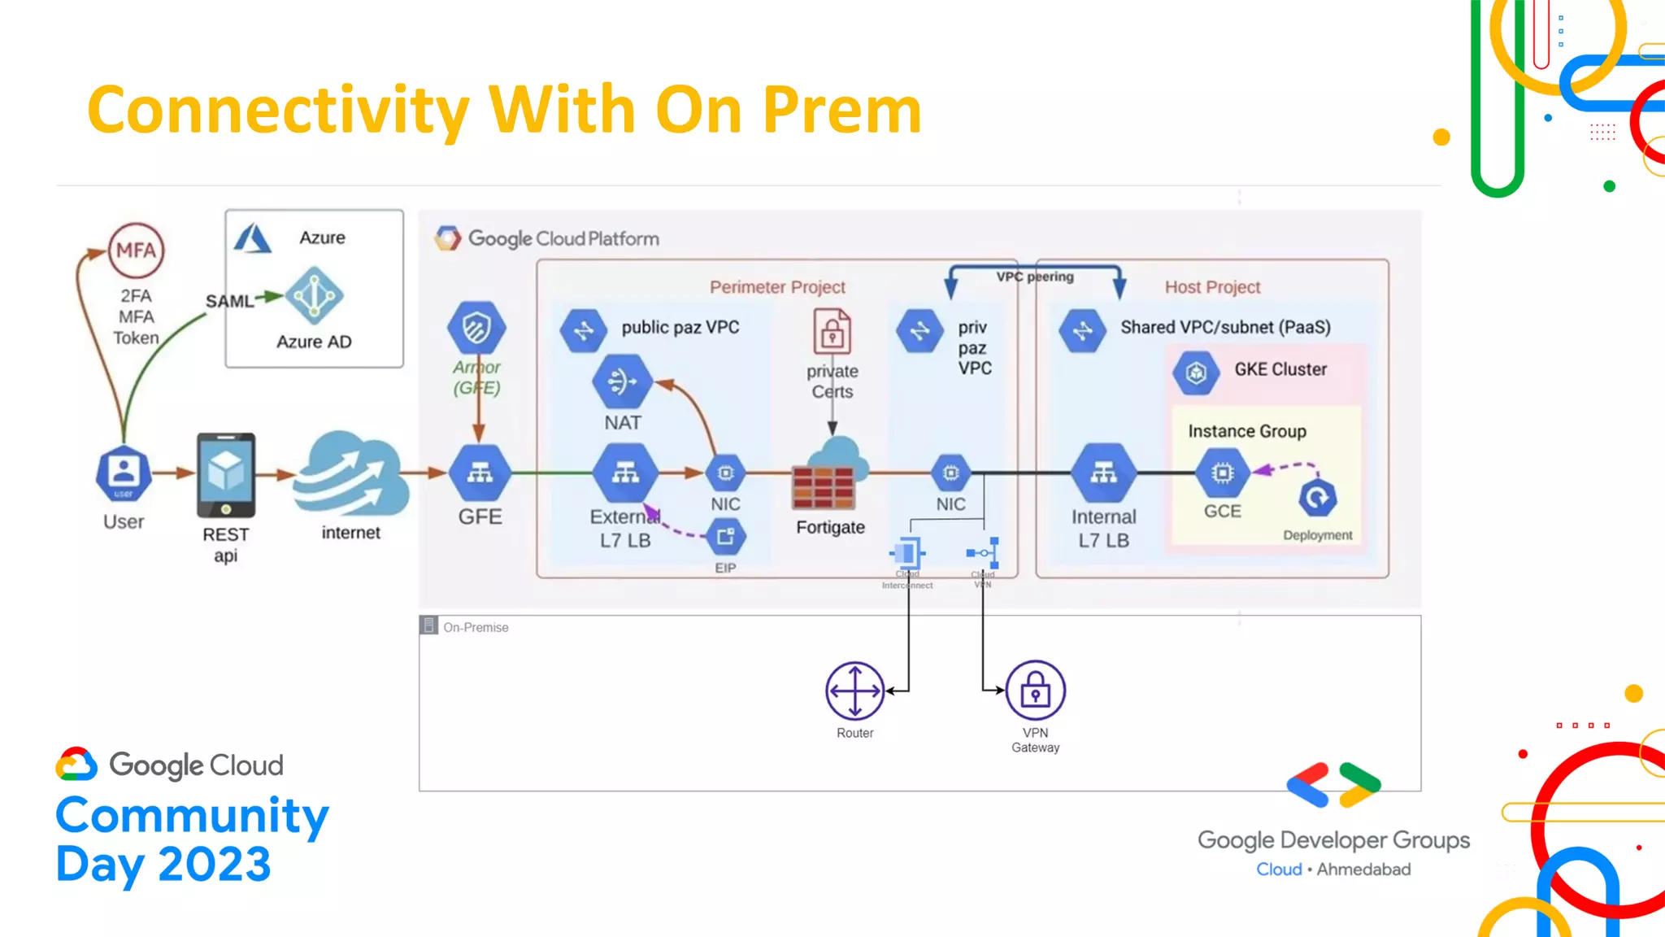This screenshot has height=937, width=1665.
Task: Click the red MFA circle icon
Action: click(x=136, y=251)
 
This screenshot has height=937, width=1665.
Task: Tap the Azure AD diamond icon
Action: click(x=315, y=296)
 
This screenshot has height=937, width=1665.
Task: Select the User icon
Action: click(x=124, y=473)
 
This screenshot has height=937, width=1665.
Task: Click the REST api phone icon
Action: click(x=226, y=476)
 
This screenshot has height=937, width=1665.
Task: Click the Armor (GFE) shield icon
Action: click(x=477, y=329)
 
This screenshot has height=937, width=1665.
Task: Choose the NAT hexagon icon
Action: click(x=623, y=381)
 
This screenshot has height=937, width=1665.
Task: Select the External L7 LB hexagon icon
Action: click(x=624, y=473)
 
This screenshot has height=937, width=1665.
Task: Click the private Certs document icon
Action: click(x=832, y=332)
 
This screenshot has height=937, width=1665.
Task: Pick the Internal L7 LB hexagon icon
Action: click(x=1103, y=473)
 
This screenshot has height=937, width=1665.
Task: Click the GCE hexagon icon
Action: click(x=1222, y=473)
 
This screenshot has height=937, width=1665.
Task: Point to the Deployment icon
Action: click(x=1318, y=498)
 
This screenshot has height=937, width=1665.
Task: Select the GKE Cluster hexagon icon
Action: click(x=1196, y=373)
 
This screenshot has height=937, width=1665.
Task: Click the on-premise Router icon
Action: click(x=855, y=691)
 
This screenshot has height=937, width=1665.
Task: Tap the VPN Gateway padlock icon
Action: click(x=1035, y=691)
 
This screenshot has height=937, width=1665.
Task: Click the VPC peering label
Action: click(x=1035, y=277)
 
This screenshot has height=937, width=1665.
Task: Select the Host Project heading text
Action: click(x=1212, y=287)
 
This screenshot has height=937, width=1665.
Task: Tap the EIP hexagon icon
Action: click(x=725, y=537)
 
